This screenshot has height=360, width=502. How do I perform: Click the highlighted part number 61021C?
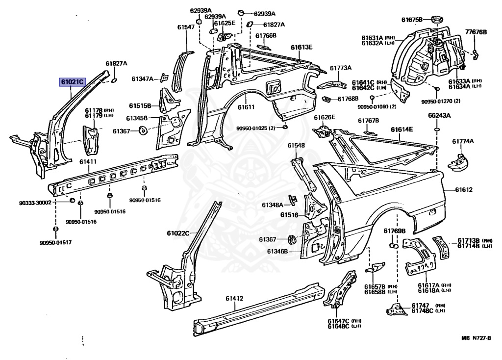(72, 82)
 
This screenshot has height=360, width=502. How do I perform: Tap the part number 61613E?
(301, 47)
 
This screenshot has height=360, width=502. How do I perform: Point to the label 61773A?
(340, 68)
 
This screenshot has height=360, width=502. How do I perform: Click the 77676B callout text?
(476, 32)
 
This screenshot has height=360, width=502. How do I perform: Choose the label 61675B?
(412, 20)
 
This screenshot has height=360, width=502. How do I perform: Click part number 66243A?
(439, 116)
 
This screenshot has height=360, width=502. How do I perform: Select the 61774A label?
(463, 141)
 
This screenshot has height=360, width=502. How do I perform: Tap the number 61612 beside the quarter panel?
(464, 190)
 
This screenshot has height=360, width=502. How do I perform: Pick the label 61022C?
(178, 233)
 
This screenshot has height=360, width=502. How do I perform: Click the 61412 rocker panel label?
(234, 298)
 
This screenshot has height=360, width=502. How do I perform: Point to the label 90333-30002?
(49, 203)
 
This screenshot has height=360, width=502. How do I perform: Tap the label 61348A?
(272, 205)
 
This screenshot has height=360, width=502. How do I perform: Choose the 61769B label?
(394, 231)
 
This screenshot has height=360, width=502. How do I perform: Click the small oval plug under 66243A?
(436, 129)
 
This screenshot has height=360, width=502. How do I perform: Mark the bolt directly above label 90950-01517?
(55, 229)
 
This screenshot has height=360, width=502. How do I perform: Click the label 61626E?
(325, 117)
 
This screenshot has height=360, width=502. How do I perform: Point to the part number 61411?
(88, 161)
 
